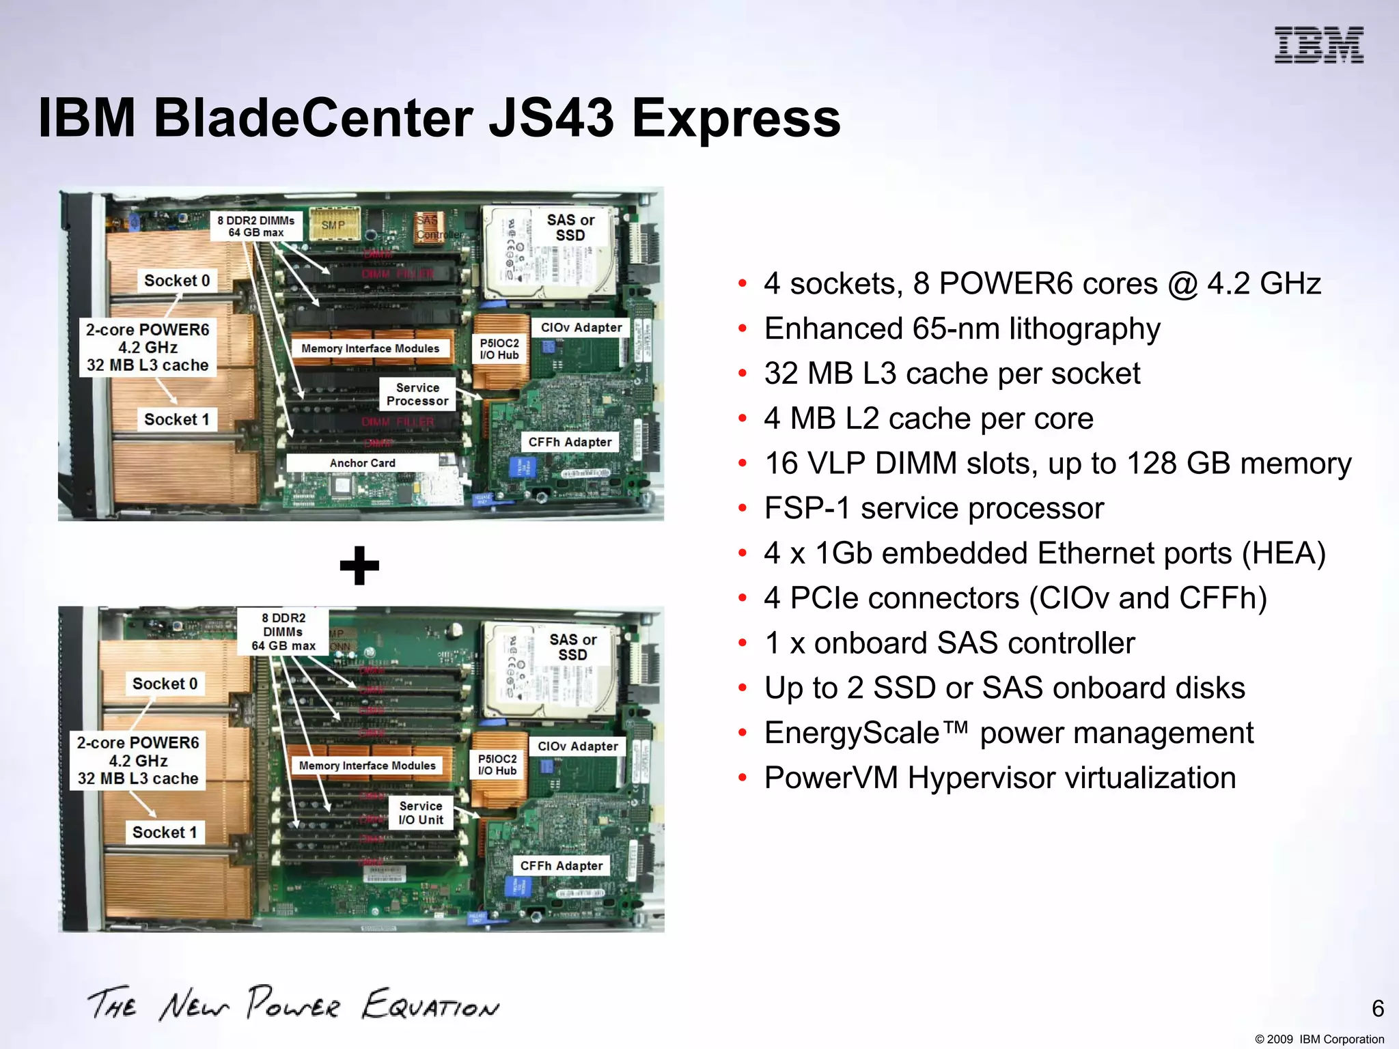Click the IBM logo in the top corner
pyautogui.click(x=1318, y=45)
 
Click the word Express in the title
pyautogui.click(x=736, y=118)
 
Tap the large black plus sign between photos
pyautogui.click(x=359, y=565)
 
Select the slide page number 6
pyautogui.click(x=1378, y=1008)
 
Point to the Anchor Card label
pyautogui.click(x=362, y=463)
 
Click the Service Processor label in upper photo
pyautogui.click(x=417, y=394)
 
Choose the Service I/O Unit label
pyautogui.click(x=421, y=813)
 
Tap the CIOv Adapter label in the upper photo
pyautogui.click(x=581, y=328)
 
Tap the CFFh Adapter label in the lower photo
pyautogui.click(x=562, y=866)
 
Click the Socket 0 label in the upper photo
pyautogui.click(x=177, y=281)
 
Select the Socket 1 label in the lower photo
pyautogui.click(x=165, y=833)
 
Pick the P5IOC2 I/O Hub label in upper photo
pyautogui.click(x=499, y=349)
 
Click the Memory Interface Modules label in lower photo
pyautogui.click(x=367, y=766)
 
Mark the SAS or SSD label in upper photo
pyautogui.click(x=570, y=227)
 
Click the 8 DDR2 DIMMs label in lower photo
pyautogui.click(x=283, y=632)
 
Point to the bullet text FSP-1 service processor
pyautogui.click(x=933, y=508)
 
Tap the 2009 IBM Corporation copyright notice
pyautogui.click(x=1319, y=1039)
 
